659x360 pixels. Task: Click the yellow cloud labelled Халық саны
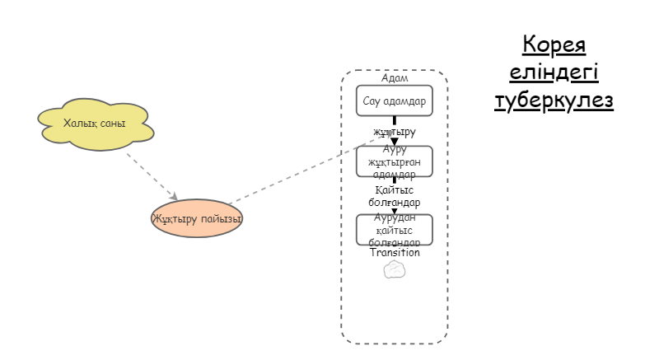coord(94,124)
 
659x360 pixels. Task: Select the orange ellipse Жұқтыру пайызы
coord(197,219)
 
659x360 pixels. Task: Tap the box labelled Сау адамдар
coord(394,101)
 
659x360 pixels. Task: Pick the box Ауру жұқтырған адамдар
coord(394,161)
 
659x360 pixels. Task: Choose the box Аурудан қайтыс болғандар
coord(394,230)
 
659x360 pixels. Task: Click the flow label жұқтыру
coord(394,132)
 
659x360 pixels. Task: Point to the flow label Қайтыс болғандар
coord(394,196)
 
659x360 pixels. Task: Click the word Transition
coord(395,253)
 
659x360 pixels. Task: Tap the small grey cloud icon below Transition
coord(395,269)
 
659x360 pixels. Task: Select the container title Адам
coord(395,78)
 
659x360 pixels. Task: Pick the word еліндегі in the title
coord(554,72)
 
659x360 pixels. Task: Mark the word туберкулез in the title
coord(554,101)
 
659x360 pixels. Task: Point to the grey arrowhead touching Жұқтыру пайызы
coord(173,196)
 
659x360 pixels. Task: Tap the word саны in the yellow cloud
coord(111,124)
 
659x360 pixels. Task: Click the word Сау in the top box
coord(372,101)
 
